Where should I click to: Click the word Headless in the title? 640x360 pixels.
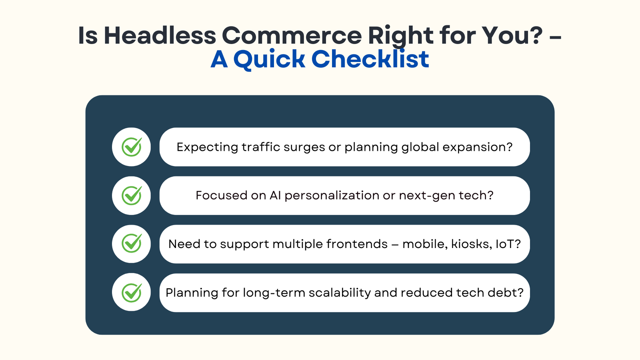coord(160,35)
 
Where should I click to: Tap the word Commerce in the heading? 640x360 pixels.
coord(292,35)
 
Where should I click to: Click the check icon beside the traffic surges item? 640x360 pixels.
coord(132,147)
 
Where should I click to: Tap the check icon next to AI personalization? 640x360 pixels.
coord(132,196)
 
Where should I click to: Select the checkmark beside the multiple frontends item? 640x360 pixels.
coord(132,244)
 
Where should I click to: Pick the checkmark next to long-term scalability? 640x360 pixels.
coord(132,292)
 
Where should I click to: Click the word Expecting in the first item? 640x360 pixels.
coord(207,147)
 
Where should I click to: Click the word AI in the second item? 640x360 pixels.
coord(275,196)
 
